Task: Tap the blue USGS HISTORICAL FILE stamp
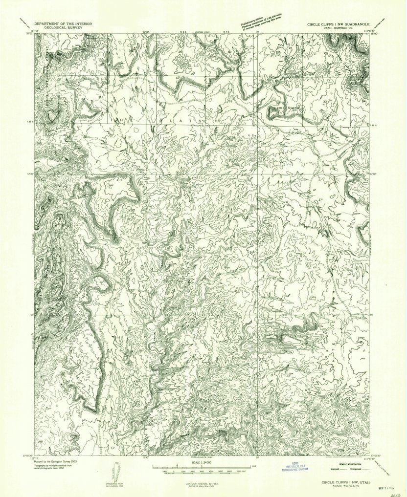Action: click(x=297, y=468)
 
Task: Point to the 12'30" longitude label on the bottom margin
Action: click(x=145, y=458)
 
